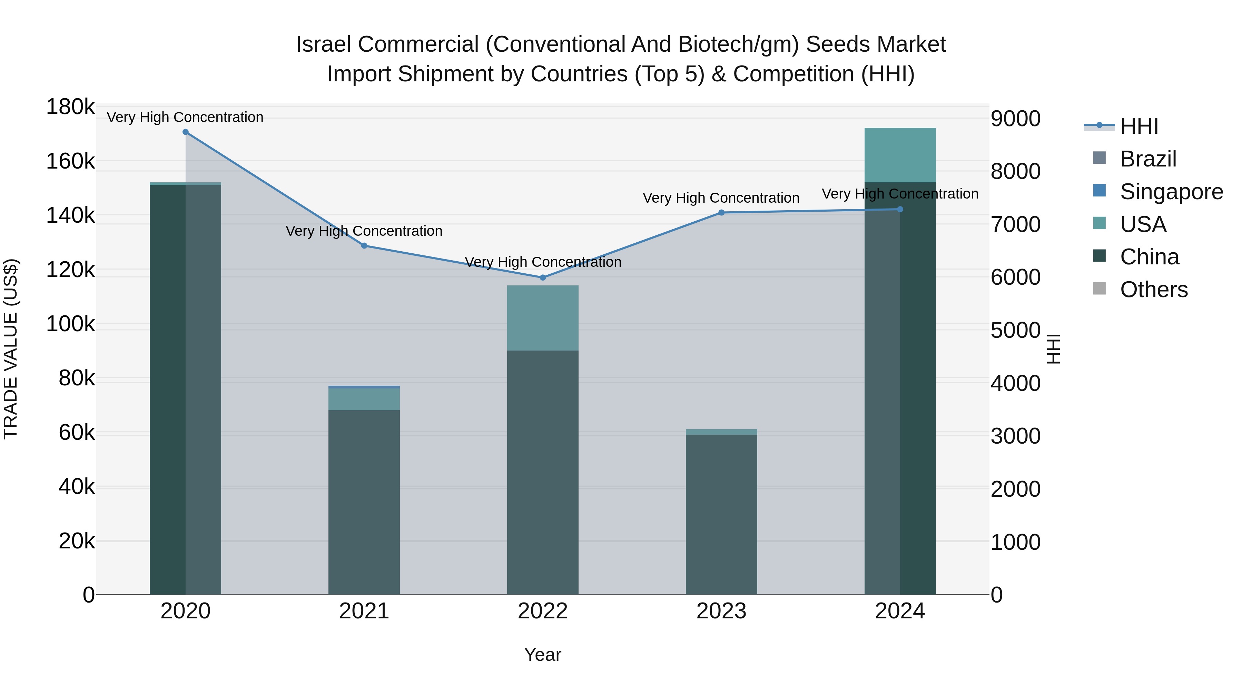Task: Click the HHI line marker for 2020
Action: point(186,132)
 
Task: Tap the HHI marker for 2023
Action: point(721,212)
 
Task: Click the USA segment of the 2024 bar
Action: point(900,155)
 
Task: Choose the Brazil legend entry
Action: point(1148,159)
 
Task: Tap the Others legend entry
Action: point(1153,290)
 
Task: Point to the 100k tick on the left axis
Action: point(70,324)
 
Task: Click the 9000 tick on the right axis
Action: point(1015,119)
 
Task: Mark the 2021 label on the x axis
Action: point(364,611)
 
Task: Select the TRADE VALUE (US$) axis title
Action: point(11,349)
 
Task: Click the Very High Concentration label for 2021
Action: point(364,231)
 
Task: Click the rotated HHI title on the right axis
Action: point(1054,349)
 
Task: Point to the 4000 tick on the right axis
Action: point(1015,383)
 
